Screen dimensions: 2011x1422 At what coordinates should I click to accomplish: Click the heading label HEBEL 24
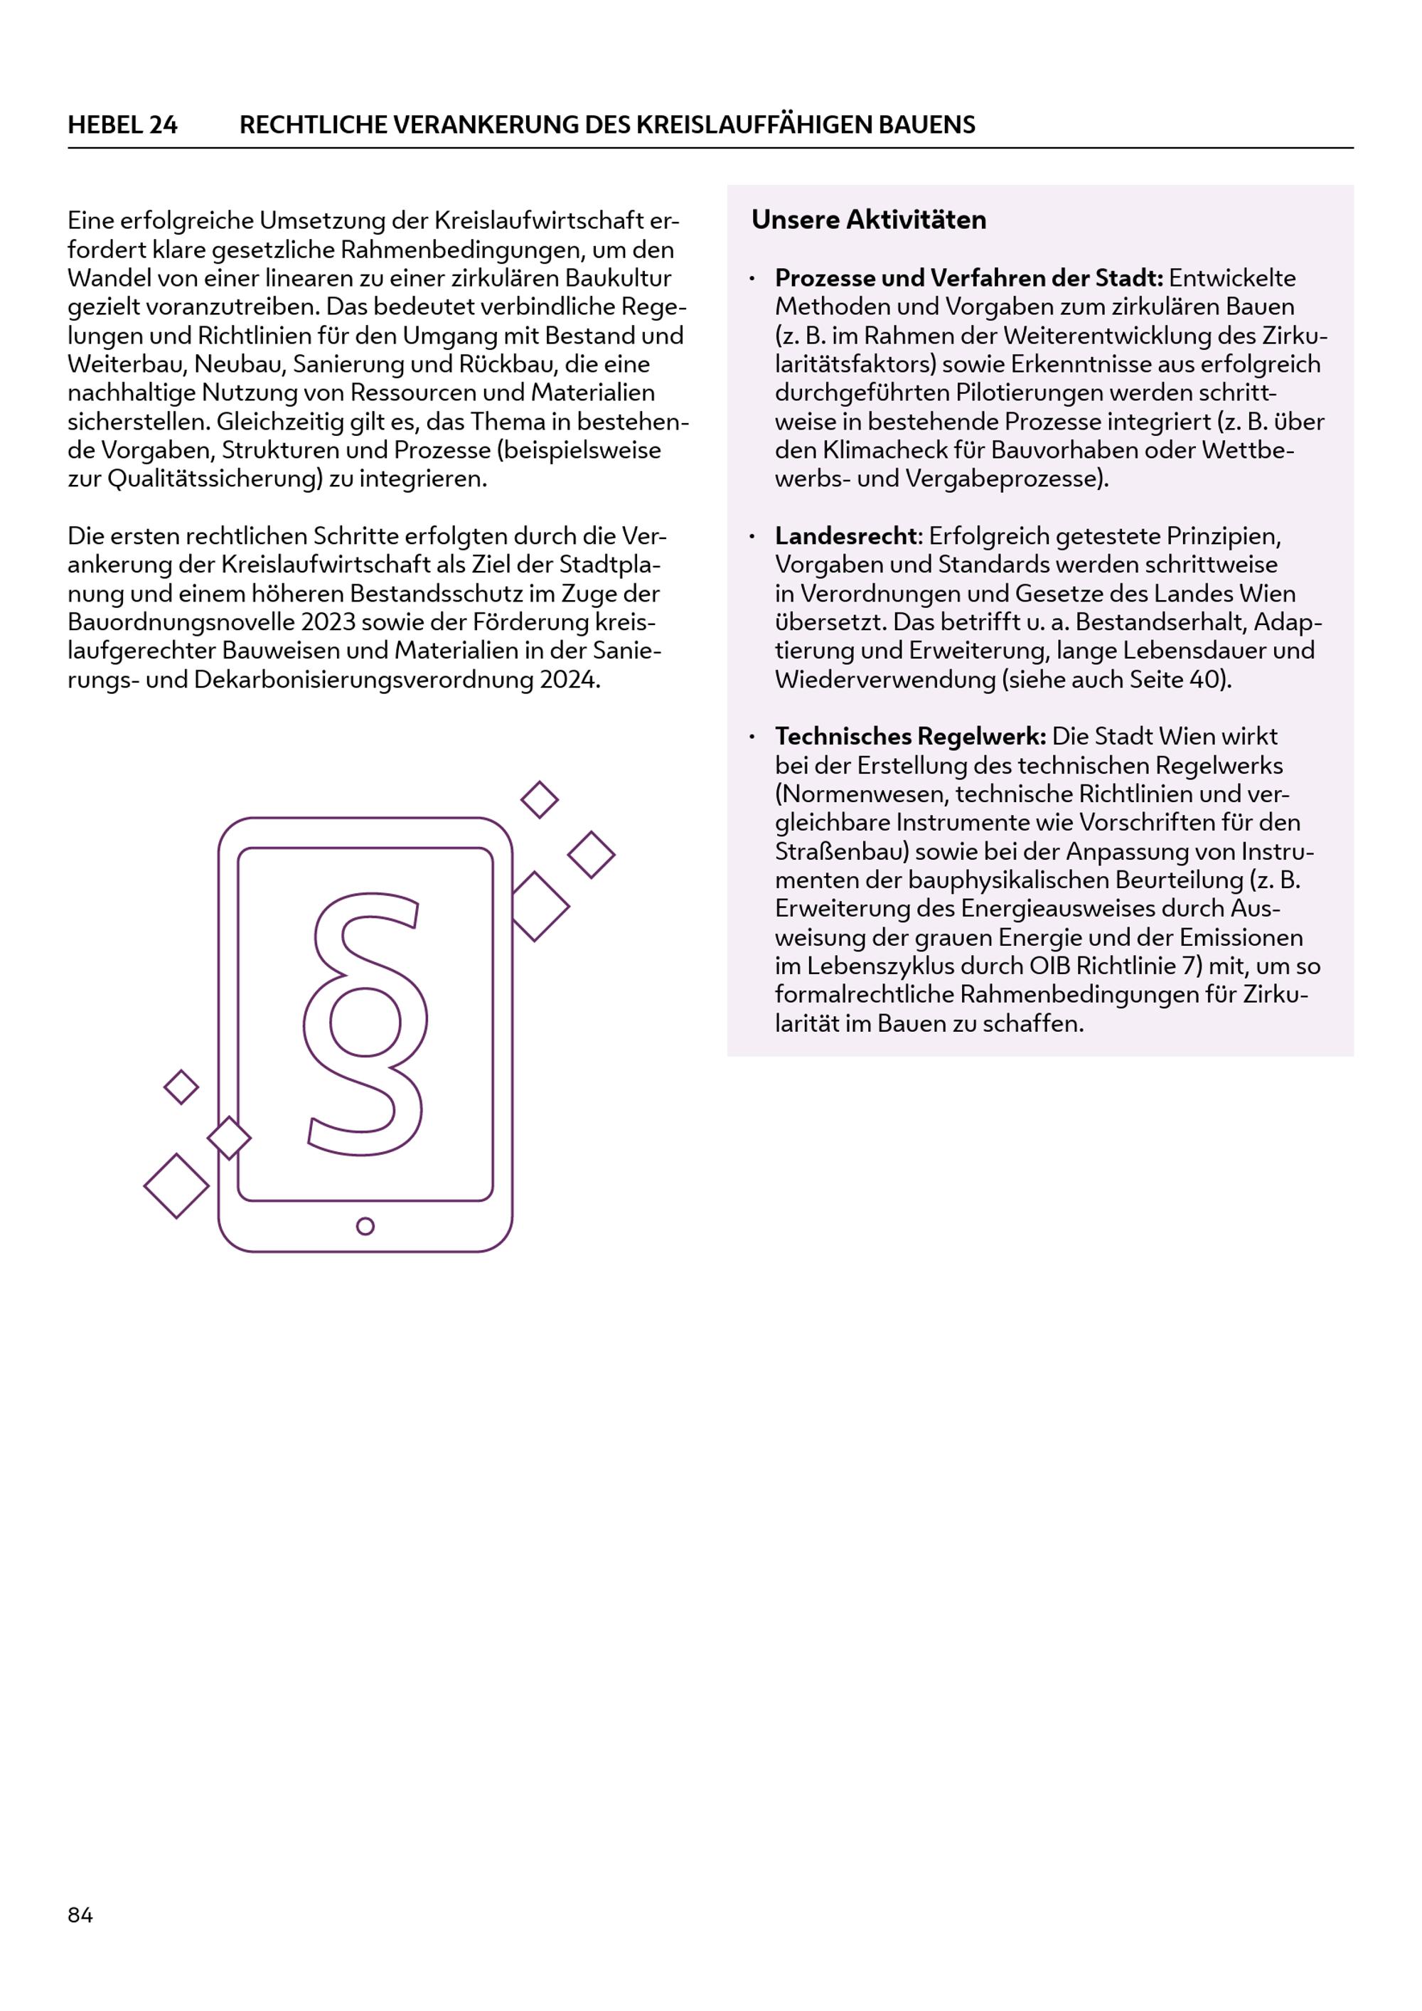[122, 125]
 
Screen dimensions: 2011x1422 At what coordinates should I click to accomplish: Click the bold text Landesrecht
[845, 536]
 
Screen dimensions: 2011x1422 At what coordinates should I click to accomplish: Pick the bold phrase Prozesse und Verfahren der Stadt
[968, 279]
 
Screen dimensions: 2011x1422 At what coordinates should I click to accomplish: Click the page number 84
[80, 1915]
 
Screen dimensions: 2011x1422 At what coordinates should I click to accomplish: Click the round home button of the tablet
[366, 1226]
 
